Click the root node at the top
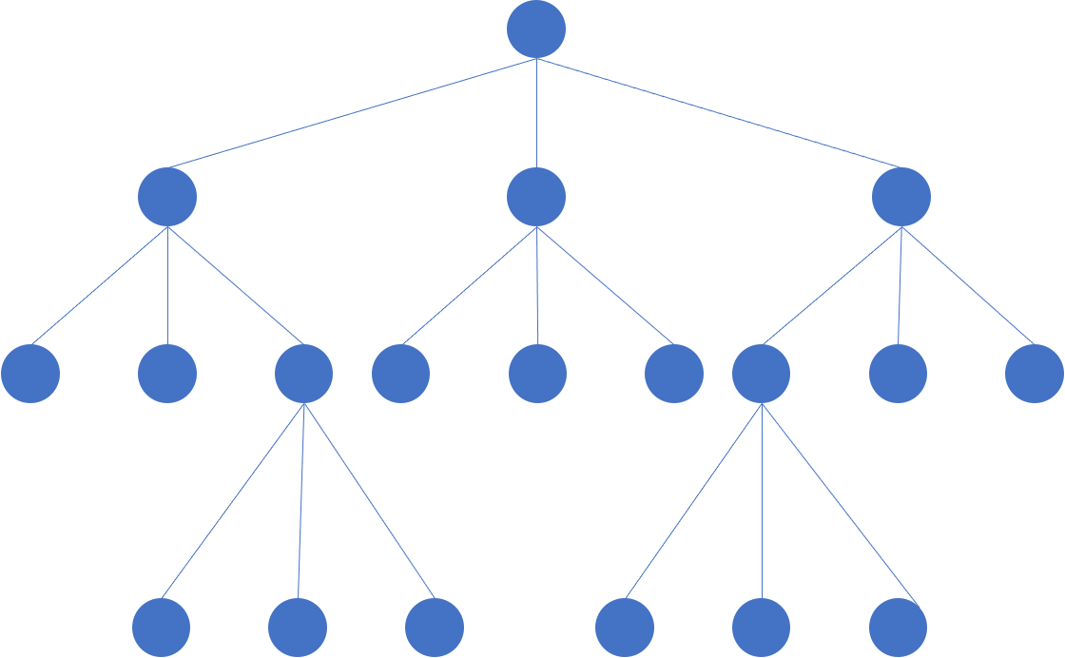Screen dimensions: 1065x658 point(536,29)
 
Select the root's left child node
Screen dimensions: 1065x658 point(167,197)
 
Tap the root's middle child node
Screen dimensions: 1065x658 point(536,197)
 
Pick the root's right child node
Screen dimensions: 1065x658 point(901,197)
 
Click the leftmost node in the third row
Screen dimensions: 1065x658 point(30,374)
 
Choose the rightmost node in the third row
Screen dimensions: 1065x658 point(1035,374)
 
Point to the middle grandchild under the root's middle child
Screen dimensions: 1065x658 point(537,374)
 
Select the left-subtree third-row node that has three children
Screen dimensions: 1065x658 point(304,374)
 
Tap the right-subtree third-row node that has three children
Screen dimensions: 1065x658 point(761,374)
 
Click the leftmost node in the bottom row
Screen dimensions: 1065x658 point(161,628)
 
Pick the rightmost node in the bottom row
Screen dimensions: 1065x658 point(898,628)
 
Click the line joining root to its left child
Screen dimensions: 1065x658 point(352,113)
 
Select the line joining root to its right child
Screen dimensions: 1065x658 point(719,113)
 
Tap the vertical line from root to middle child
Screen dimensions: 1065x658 point(536,114)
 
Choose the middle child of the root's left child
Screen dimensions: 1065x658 point(167,374)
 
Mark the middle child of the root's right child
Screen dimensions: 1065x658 point(898,374)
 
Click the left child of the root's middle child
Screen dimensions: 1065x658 point(400,374)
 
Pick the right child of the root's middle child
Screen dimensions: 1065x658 point(674,374)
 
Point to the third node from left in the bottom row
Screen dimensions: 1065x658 point(435,628)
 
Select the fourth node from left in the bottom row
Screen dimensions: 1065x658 point(625,628)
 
